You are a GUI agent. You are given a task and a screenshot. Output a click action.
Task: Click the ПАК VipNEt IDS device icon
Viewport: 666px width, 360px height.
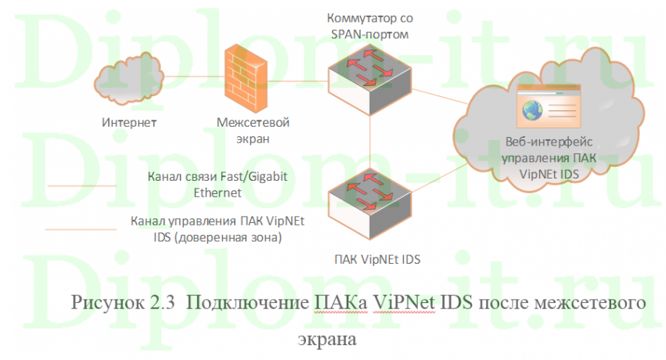tap(369, 199)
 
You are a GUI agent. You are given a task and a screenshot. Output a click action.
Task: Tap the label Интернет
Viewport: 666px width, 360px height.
tap(130, 123)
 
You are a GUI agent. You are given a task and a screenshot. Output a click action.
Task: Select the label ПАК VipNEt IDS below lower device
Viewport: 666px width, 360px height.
tap(370, 257)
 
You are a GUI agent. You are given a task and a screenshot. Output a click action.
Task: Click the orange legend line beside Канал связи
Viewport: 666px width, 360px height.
tap(82, 185)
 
